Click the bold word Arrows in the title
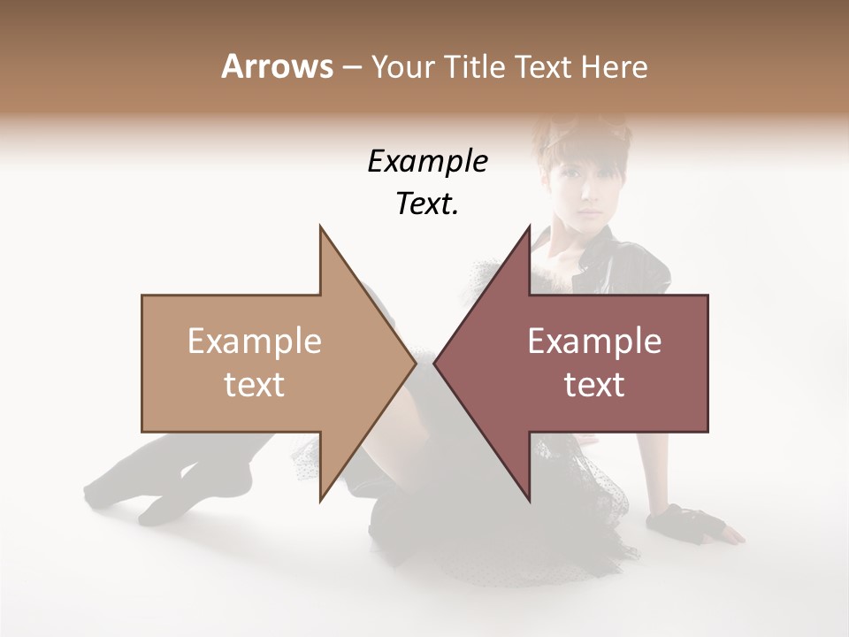[x=277, y=66]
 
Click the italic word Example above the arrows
[x=427, y=162]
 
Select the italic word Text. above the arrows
[x=427, y=204]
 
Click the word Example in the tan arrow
[x=255, y=342]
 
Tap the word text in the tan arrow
[x=255, y=385]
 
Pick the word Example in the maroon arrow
[x=594, y=342]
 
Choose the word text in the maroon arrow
[x=594, y=385]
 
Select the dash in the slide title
[x=351, y=67]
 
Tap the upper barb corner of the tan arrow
[x=320, y=227]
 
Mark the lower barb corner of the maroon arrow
[x=529, y=501]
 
